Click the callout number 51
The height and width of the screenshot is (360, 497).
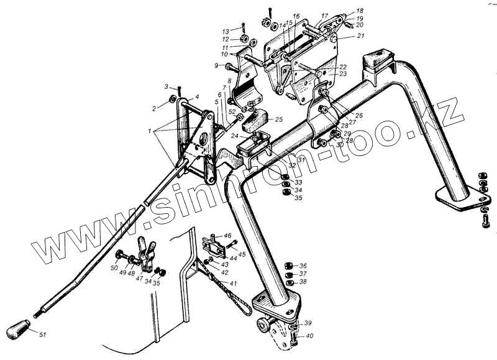click(42, 336)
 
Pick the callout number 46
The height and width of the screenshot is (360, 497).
click(227, 236)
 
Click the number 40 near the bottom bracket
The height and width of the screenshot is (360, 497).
click(308, 337)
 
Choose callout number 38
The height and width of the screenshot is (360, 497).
click(303, 282)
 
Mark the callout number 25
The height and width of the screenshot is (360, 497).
click(278, 119)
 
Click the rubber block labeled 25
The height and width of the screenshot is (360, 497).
click(254, 119)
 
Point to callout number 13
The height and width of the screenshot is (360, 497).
click(226, 30)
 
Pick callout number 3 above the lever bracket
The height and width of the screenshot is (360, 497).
click(166, 86)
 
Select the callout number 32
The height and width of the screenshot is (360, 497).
click(291, 165)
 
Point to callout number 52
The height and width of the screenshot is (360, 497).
click(232, 112)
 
